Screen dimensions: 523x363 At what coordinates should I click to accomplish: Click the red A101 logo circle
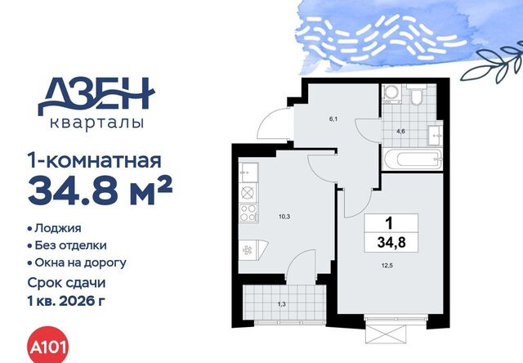(x=47, y=346)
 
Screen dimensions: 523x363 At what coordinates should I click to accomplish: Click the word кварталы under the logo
(x=96, y=123)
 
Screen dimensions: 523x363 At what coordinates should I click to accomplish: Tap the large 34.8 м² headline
(x=100, y=191)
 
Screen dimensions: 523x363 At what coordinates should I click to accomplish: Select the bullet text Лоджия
(x=58, y=229)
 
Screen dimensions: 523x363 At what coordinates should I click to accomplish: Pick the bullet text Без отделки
(x=71, y=245)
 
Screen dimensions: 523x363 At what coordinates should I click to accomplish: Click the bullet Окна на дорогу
(x=80, y=263)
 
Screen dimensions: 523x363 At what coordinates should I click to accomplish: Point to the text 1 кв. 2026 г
(x=66, y=302)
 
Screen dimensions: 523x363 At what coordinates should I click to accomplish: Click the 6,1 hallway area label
(x=333, y=119)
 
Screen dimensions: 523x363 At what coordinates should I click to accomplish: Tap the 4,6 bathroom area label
(x=400, y=132)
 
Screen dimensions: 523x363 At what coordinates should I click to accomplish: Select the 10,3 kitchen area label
(x=284, y=217)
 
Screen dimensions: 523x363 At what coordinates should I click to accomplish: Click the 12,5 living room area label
(x=387, y=266)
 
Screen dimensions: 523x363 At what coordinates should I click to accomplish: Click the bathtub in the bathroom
(x=413, y=159)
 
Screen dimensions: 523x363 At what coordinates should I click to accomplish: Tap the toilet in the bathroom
(x=416, y=95)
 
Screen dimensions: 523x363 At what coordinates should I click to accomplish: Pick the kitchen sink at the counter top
(x=248, y=173)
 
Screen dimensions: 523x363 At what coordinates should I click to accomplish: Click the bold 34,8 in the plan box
(x=391, y=242)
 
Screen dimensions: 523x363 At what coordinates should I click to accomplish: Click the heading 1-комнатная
(x=95, y=161)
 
